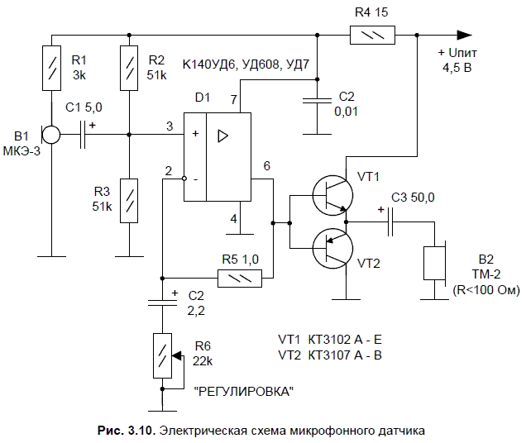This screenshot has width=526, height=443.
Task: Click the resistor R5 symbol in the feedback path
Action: pyautogui.click(x=239, y=279)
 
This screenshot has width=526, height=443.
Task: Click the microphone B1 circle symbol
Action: pyautogui.click(x=51, y=134)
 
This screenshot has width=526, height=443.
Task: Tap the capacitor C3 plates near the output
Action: pyautogui.click(x=392, y=221)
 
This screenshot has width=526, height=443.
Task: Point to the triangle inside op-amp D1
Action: pyautogui.click(x=222, y=135)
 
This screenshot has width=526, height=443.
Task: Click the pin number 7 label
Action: pyautogui.click(x=234, y=98)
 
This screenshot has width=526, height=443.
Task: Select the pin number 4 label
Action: pyautogui.click(x=234, y=219)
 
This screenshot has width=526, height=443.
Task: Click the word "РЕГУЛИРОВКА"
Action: pyautogui.click(x=243, y=390)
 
